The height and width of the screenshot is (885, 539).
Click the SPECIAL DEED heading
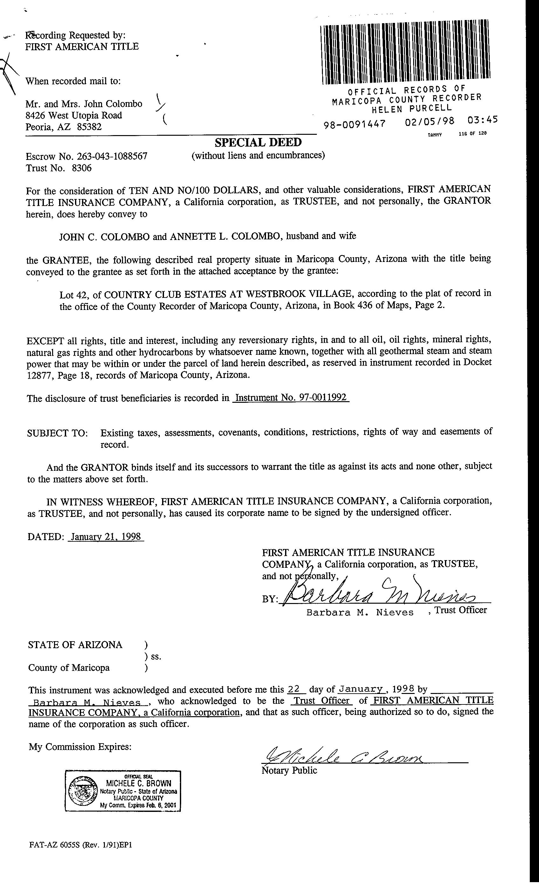[x=258, y=143]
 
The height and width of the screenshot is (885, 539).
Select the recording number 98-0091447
[x=354, y=124]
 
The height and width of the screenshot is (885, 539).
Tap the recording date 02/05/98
[x=429, y=121]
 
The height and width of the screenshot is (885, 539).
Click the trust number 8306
[x=82, y=168]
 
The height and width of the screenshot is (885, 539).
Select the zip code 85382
[x=89, y=127]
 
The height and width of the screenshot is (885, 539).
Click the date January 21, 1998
[x=106, y=537]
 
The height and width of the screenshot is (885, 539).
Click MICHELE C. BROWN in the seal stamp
[x=138, y=783]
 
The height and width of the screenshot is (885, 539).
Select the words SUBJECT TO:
[x=58, y=433]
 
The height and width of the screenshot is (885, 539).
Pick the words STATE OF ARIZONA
[x=75, y=645]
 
